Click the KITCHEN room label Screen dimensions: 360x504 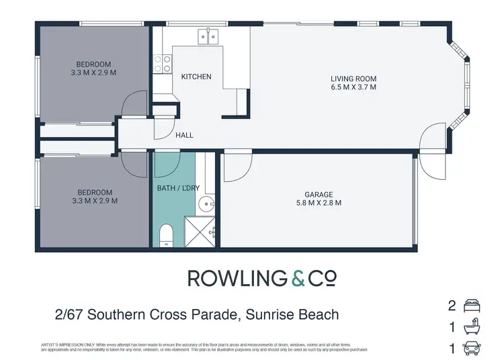point(196,77)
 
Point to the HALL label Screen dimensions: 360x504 point(184,135)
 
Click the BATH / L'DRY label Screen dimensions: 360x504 point(178,188)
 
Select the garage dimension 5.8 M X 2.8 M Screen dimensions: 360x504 point(319,202)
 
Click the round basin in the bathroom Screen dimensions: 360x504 point(210,206)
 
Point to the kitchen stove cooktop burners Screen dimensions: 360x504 point(162,64)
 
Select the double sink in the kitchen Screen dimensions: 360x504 point(207,36)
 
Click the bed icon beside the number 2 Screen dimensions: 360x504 point(471,306)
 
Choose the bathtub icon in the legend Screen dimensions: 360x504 point(471,327)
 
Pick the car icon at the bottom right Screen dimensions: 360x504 point(471,349)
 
